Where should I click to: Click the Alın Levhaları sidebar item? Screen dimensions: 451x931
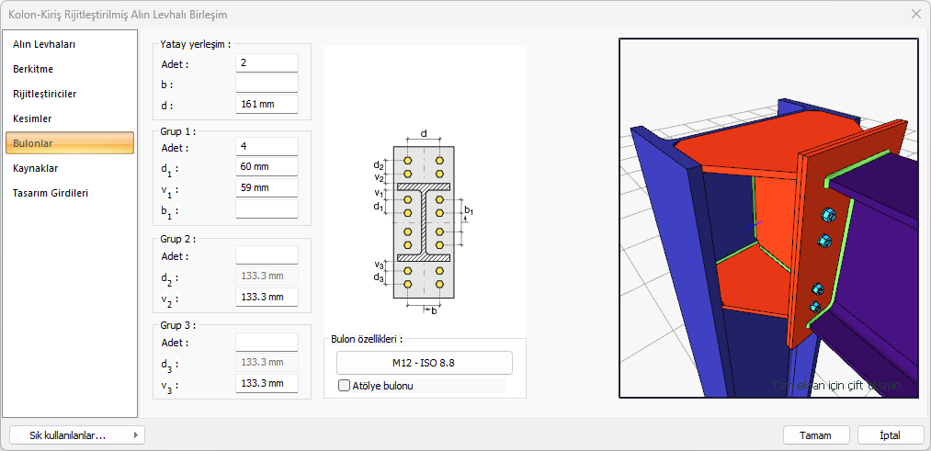[x=44, y=44]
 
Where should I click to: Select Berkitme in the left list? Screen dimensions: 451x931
[x=33, y=69]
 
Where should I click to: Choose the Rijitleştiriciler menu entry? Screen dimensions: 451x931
[x=44, y=94]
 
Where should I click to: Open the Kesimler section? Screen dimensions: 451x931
[x=32, y=118]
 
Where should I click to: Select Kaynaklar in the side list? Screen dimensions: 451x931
[x=36, y=168]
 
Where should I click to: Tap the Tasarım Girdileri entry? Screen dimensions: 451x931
[x=51, y=193]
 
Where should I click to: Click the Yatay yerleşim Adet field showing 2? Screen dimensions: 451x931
[x=267, y=63]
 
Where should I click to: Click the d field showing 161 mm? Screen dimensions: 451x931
[x=267, y=104]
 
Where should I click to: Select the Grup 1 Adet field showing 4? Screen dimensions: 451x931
[x=267, y=147]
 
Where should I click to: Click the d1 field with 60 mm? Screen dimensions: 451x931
[x=267, y=167]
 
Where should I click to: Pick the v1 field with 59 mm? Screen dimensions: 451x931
[x=267, y=187]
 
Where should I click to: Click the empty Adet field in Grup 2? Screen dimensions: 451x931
[x=267, y=255]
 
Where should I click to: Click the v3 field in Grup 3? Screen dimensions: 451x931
[x=267, y=383]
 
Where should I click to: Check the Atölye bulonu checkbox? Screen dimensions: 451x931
[x=345, y=386]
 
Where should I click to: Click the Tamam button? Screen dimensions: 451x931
[x=816, y=435]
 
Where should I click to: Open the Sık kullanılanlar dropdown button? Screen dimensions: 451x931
[x=76, y=435]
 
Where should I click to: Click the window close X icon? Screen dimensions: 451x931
[x=915, y=14]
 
